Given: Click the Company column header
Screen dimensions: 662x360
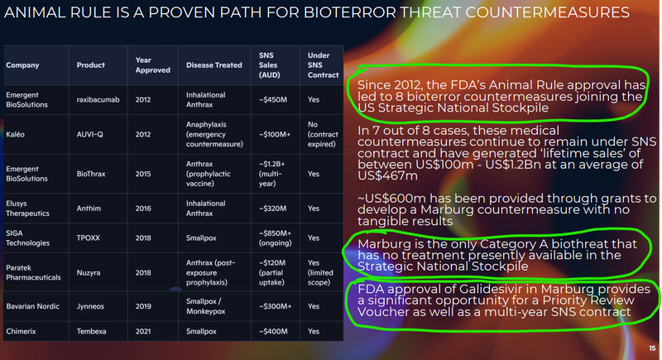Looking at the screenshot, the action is tap(22, 65).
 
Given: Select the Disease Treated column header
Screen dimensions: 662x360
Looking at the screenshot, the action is tap(214, 65).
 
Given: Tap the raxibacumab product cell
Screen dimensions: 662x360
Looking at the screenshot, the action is tap(98, 99).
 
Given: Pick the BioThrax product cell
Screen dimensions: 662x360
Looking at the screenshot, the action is tap(91, 174).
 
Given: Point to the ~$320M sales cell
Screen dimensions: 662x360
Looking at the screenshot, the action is tap(272, 209).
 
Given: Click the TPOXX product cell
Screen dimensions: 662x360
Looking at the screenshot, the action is tap(89, 238).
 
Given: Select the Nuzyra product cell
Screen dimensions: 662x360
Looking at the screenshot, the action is tap(89, 272).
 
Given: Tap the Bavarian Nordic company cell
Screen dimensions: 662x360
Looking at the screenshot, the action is tap(32, 306).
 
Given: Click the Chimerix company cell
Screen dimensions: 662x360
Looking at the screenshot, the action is tap(21, 331).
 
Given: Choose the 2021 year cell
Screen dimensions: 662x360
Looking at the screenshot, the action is tap(143, 331).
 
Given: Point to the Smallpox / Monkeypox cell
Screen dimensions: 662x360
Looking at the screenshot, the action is tap(205, 306).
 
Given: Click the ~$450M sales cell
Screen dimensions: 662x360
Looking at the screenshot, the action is tap(273, 99).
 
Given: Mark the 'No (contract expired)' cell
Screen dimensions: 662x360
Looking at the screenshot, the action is tap(323, 134).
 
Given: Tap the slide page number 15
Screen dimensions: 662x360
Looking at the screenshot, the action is tap(652, 348).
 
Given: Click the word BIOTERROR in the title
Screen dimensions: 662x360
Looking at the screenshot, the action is tap(349, 12).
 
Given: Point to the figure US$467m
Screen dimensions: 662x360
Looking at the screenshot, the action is tap(387, 175).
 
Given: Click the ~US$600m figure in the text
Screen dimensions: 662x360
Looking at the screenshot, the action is tap(391, 199).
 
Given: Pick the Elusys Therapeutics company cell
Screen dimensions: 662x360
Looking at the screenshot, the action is tap(27, 209).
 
